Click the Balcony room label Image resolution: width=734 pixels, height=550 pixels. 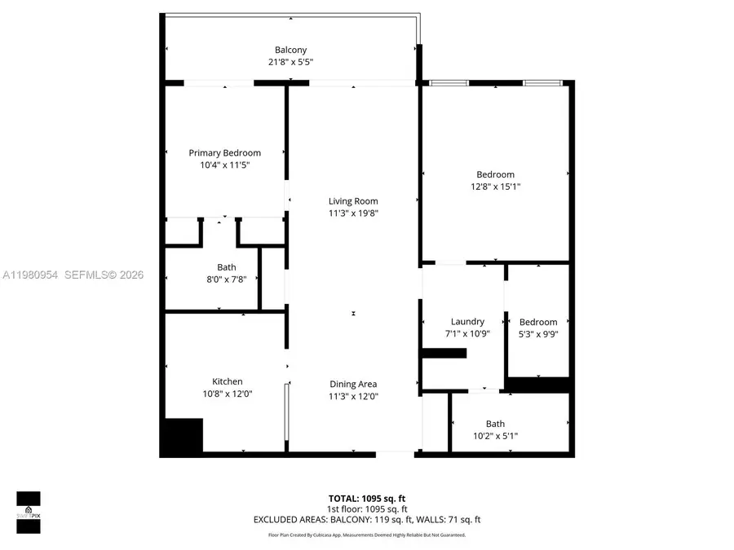pos(290,50)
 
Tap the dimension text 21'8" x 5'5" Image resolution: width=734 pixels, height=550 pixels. pos(290,62)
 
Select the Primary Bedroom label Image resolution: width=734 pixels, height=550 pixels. pos(225,153)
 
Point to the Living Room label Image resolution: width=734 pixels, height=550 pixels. pos(353,201)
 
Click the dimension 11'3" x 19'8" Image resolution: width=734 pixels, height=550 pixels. pos(353,213)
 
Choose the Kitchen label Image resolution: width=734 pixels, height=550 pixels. pos(228,381)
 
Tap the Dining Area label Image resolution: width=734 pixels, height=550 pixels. pos(353,384)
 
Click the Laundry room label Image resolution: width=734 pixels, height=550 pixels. pos(467,322)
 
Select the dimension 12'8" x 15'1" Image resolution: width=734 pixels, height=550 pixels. pos(495,187)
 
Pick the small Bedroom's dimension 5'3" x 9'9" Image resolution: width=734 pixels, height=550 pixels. pos(538,334)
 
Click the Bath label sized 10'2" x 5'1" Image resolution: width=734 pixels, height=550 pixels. pos(495,424)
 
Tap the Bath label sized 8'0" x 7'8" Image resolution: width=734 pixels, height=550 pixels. pos(227,267)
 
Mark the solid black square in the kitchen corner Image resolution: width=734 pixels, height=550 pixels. pos(182,437)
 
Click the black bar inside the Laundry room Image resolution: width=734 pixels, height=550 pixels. pos(444,353)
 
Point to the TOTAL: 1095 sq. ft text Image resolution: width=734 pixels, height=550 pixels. pos(366,498)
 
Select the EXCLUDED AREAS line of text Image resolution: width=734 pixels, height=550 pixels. pos(366,519)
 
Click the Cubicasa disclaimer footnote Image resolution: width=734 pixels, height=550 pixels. pos(366,535)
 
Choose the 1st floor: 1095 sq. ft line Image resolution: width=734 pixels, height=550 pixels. pos(366,508)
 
